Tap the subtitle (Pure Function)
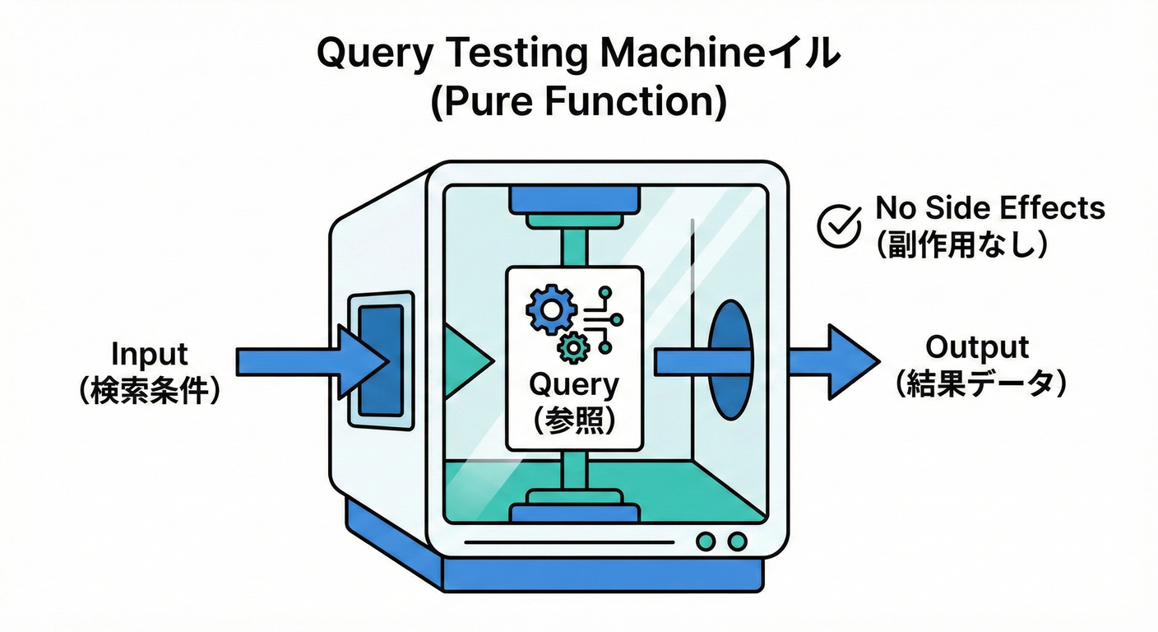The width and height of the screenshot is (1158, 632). [x=578, y=104]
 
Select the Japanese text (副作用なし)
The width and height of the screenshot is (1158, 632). [x=961, y=244]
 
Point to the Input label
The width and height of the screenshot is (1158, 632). [x=150, y=354]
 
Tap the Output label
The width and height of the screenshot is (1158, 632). [x=977, y=346]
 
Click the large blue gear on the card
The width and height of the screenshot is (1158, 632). [x=548, y=309]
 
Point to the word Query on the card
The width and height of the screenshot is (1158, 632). [x=573, y=384]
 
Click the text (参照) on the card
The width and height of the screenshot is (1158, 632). [x=573, y=420]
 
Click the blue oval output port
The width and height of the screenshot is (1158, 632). [x=730, y=360]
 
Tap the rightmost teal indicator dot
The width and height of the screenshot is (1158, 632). [x=738, y=541]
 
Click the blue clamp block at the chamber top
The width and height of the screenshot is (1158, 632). [x=574, y=198]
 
